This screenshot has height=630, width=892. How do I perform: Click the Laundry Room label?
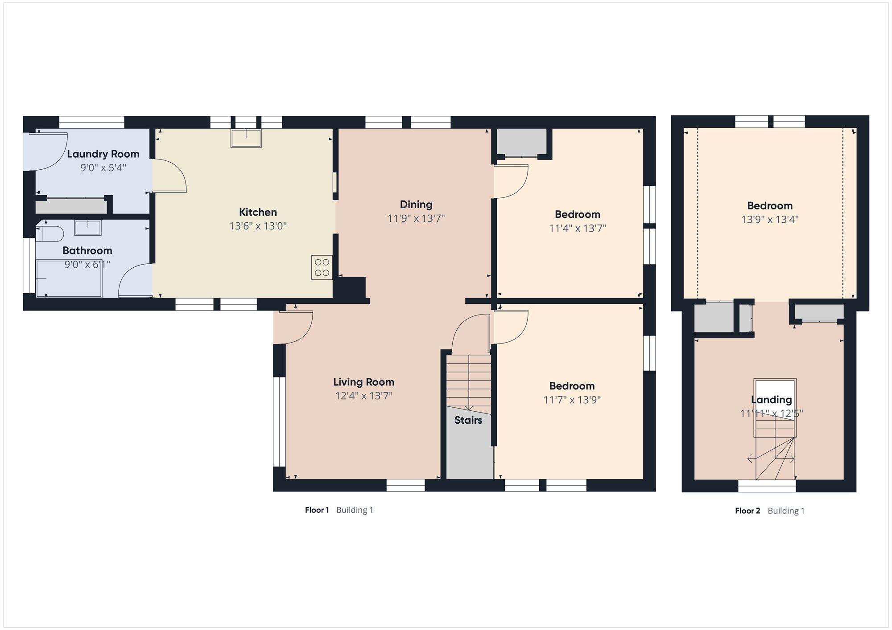click(x=103, y=154)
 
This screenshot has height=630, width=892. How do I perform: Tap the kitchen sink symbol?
click(x=246, y=138)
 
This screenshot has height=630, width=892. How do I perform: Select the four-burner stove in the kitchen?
click(x=322, y=267)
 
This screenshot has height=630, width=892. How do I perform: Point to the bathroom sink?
click(x=87, y=227)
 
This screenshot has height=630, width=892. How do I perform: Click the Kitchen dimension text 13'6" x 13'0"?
click(x=258, y=226)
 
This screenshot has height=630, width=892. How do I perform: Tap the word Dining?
click(x=416, y=205)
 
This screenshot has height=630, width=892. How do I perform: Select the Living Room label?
click(x=364, y=382)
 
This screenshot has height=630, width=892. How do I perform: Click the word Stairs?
click(x=468, y=420)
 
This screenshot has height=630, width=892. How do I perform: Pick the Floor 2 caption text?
click(x=747, y=511)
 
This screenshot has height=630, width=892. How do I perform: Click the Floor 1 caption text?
click(x=317, y=510)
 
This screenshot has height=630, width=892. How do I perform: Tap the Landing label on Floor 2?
click(x=772, y=400)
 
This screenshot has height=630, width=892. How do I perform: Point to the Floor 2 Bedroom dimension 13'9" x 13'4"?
click(x=770, y=220)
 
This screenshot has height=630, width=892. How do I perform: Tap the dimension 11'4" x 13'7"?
click(x=578, y=229)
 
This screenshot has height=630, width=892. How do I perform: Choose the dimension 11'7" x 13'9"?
click(x=572, y=400)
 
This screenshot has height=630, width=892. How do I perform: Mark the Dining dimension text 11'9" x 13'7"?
click(x=416, y=218)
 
